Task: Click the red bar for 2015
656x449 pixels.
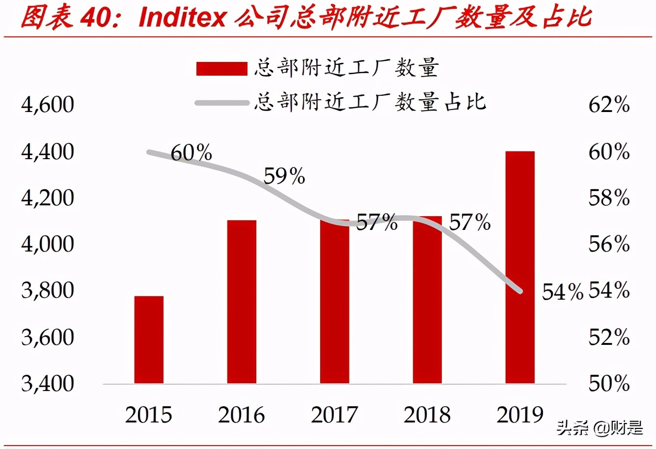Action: point(149,339)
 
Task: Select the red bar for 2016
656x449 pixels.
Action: point(242,302)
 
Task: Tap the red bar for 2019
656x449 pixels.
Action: point(520,267)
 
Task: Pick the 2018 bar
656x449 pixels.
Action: point(427,300)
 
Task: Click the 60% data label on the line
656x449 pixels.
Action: point(191,153)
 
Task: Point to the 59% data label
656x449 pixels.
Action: point(284,176)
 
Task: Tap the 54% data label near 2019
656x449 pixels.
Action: point(562,292)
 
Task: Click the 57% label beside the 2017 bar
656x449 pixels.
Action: point(377,223)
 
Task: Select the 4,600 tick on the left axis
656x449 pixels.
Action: point(48,105)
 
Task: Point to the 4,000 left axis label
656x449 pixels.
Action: point(48,244)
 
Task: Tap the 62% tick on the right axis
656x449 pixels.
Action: point(609,105)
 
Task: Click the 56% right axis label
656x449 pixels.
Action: point(609,244)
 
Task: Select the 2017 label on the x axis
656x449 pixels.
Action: point(334,415)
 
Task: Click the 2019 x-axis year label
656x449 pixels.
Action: point(520,415)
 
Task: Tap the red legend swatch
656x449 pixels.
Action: point(221,69)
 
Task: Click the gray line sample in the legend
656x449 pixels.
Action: point(221,103)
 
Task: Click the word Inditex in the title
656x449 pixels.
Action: point(182,18)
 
